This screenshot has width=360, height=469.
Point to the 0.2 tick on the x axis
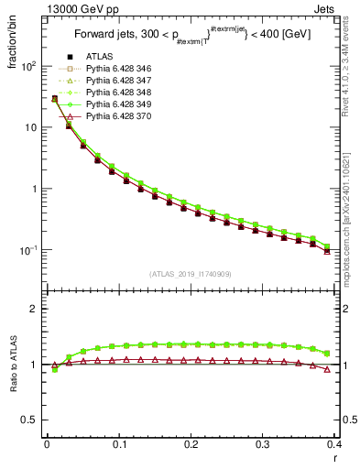tap(191, 444)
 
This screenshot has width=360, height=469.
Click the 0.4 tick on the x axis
tap(334, 444)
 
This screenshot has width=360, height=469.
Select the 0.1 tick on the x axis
tap(118, 444)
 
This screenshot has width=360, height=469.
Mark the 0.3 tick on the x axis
tap(263, 444)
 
